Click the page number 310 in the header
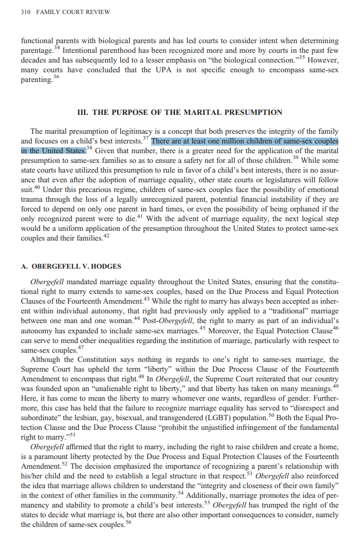point(26,12)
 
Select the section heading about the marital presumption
point(180,112)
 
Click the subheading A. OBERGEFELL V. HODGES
point(71,266)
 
